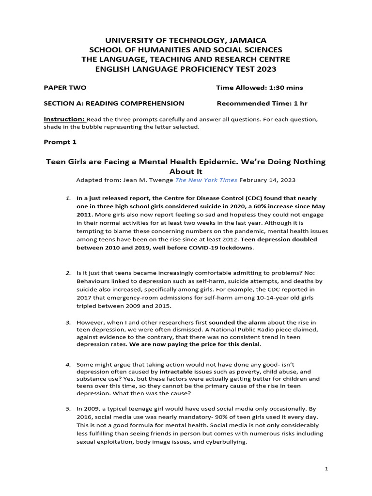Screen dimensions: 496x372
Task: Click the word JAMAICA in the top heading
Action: pos(245,40)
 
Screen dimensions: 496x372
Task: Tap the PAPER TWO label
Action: pos(65,88)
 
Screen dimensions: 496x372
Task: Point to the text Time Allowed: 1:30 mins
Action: pos(259,88)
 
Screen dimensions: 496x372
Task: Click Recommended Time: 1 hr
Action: pos(262,103)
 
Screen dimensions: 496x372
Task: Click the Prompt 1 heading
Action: pos(60,142)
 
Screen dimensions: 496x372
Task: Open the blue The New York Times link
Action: pos(206,180)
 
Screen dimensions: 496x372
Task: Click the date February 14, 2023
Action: pos(267,180)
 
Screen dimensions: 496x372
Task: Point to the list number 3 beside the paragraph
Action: pos(68,322)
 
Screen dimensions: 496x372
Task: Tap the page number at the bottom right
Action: pos(326,469)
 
